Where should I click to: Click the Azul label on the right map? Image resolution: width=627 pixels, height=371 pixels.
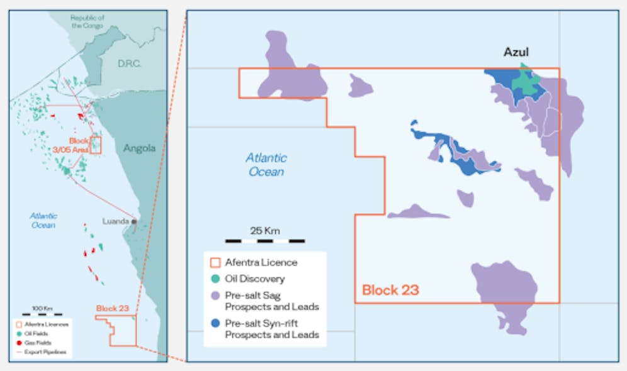pyautogui.click(x=516, y=53)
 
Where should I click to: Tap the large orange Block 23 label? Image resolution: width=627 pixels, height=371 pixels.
pyautogui.click(x=390, y=290)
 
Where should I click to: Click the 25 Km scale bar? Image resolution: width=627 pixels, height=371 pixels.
pyautogui.click(x=265, y=240)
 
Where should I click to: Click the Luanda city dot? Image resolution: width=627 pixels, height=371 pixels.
pyautogui.click(x=133, y=221)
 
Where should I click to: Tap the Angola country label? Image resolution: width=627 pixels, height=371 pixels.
pyautogui.click(x=139, y=149)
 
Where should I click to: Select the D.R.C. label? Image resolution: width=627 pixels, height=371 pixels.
pyautogui.click(x=130, y=64)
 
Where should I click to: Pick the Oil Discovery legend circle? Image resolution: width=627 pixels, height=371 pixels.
pyautogui.click(x=215, y=279)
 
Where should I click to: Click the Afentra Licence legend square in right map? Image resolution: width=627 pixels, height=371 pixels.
pyautogui.click(x=215, y=262)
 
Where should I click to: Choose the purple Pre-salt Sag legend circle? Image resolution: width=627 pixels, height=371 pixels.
pyautogui.click(x=215, y=294)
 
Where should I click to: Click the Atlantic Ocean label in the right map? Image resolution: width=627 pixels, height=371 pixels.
pyautogui.click(x=266, y=165)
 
